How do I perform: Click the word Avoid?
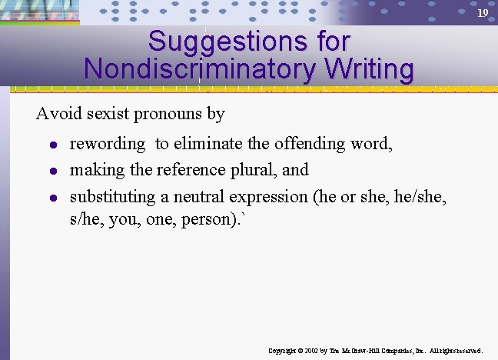coord(58,114)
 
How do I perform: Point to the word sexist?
coord(107,114)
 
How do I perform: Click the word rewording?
coord(107,144)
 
